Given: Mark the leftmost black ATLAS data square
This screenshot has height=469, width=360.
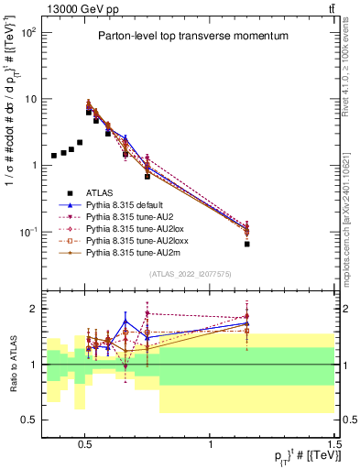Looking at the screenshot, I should point(54,156).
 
